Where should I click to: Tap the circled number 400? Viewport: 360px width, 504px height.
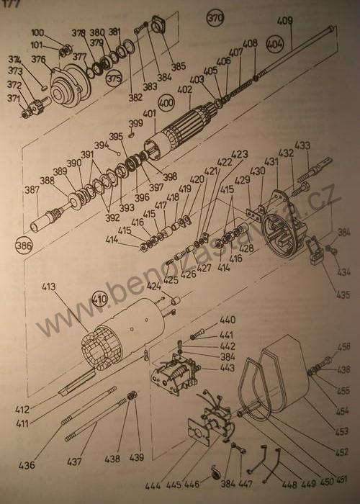tap(167, 103)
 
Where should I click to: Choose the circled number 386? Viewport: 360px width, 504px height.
tap(24, 246)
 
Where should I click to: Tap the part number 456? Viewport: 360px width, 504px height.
tap(344, 347)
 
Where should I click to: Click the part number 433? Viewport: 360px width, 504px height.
tap(303, 145)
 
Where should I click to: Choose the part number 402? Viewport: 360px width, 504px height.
tap(185, 90)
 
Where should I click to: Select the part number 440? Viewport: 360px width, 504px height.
tap(228, 320)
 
